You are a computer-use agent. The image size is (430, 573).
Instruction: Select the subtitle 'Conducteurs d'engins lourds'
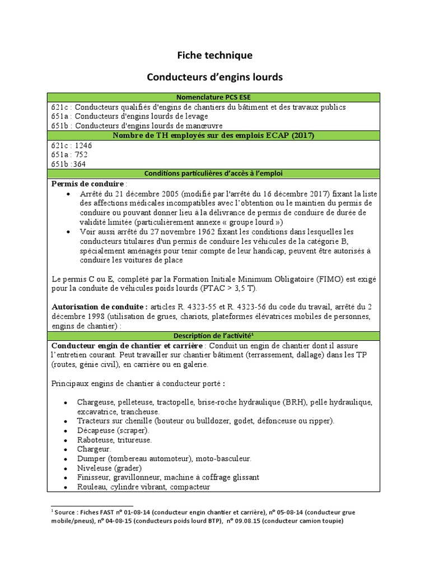pyautogui.click(x=215, y=77)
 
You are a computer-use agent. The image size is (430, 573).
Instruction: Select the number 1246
pyautogui.click(x=82, y=145)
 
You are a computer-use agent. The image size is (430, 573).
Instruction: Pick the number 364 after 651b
pyautogui.click(x=79, y=164)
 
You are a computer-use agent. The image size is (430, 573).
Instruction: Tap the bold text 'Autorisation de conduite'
pyautogui.click(x=100, y=307)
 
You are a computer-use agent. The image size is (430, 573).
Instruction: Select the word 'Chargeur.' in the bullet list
pyautogui.click(x=94, y=448)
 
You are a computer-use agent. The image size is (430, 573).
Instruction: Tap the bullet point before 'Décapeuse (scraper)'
pyautogui.click(x=67, y=430)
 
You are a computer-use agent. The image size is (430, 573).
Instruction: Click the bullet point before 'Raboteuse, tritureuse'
pyautogui.click(x=67, y=439)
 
